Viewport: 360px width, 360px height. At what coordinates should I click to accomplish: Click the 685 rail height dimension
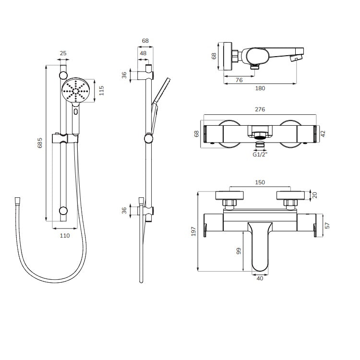point(40,143)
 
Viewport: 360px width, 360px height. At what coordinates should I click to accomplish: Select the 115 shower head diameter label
point(101,90)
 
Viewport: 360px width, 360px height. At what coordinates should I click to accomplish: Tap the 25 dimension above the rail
point(63,53)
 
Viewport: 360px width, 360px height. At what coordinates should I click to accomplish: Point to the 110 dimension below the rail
point(65,236)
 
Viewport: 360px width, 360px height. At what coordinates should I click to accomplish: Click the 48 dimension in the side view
point(143,53)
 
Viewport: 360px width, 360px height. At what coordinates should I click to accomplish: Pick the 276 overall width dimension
point(260,109)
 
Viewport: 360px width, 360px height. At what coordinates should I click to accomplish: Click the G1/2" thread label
point(260,155)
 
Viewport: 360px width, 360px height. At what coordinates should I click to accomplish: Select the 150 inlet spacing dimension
point(260,182)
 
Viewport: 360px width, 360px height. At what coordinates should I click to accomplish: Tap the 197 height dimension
point(193,231)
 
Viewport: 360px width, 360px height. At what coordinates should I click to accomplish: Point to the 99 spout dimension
point(239,251)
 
